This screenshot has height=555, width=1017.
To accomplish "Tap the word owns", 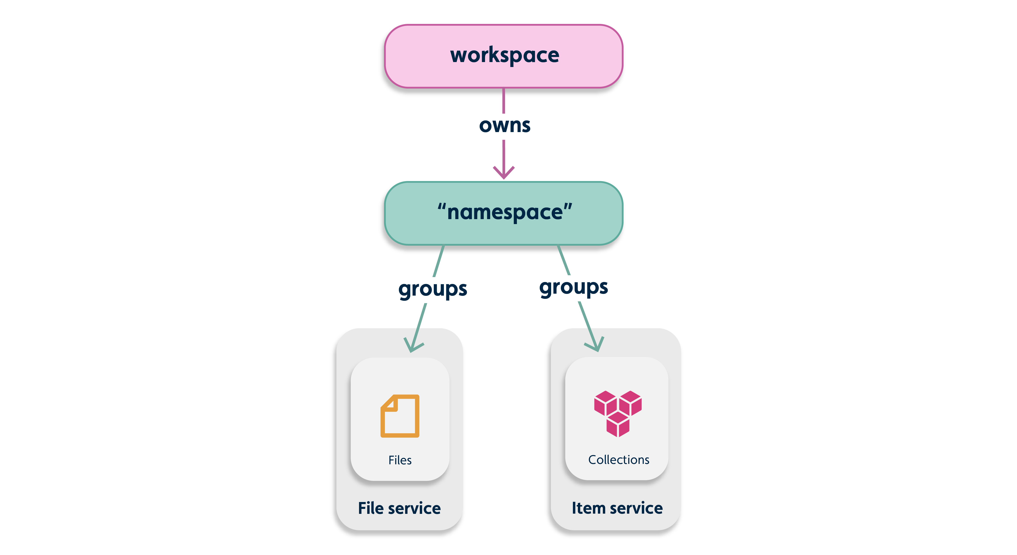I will [505, 126].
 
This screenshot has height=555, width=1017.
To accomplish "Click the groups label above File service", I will [433, 289].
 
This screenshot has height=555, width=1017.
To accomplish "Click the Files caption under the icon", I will [400, 460].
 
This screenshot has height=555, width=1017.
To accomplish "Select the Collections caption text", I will [619, 460].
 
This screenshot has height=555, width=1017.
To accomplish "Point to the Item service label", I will [617, 508].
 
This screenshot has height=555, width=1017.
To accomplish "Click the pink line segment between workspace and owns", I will [503, 101].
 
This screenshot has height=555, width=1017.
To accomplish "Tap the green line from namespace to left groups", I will [439, 261].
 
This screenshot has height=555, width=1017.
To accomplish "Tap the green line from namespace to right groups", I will [564, 260].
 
